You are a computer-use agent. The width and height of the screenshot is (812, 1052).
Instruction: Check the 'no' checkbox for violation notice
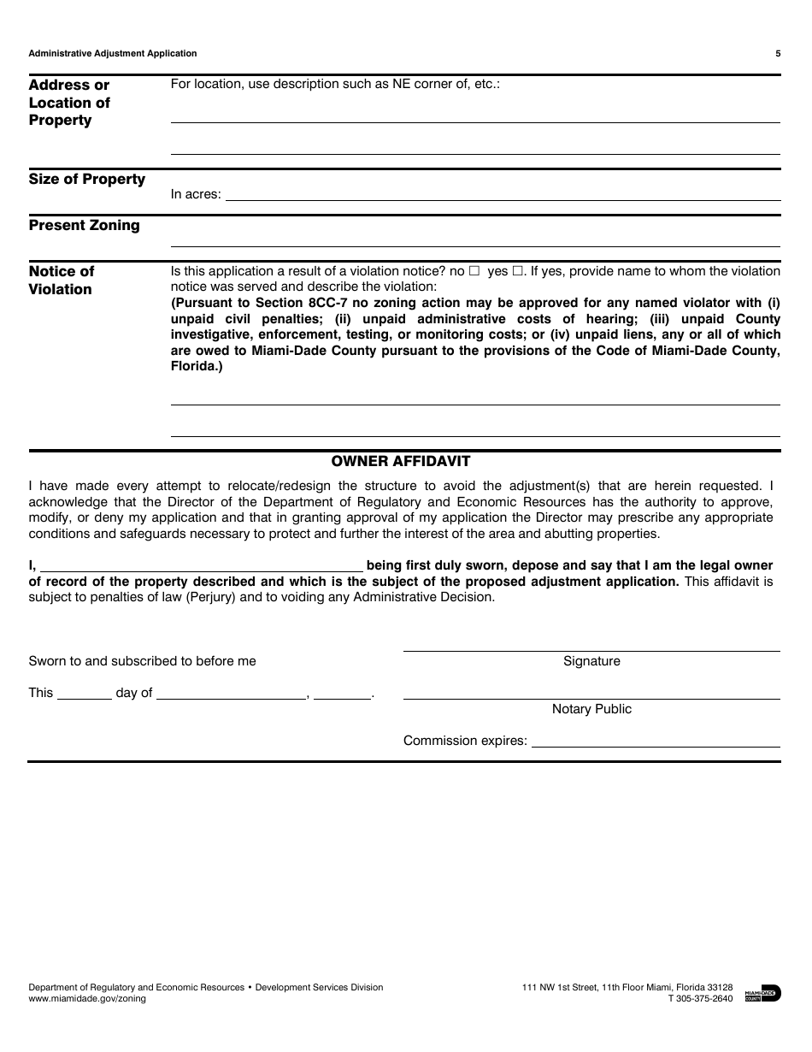[x=474, y=271]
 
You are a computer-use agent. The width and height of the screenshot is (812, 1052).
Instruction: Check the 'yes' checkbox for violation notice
[x=517, y=271]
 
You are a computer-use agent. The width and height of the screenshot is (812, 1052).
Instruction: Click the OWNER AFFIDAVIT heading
[x=401, y=461]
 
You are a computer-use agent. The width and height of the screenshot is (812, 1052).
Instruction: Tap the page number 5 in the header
[x=778, y=53]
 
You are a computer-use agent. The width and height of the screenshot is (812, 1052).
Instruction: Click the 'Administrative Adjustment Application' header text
[x=113, y=53]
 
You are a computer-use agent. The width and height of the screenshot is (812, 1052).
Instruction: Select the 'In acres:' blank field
[x=502, y=194]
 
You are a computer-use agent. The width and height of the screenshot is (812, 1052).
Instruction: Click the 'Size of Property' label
[x=87, y=179]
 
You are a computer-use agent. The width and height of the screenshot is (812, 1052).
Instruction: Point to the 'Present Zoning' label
[x=84, y=225]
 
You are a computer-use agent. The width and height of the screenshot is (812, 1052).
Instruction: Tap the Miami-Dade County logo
[x=762, y=993]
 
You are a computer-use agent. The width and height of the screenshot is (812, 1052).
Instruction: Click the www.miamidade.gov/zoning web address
[x=87, y=998]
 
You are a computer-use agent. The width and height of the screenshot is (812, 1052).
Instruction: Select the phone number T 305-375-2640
[x=700, y=998]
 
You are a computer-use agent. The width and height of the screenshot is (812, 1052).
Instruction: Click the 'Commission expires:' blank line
[x=656, y=741]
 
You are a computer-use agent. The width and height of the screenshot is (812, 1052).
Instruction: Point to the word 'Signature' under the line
[x=591, y=661]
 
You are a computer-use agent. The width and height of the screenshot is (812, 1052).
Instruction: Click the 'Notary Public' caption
[x=591, y=709]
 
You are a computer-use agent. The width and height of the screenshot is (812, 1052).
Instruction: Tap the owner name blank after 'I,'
[x=202, y=565]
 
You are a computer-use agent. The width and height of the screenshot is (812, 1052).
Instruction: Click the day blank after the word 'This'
[x=84, y=694]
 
